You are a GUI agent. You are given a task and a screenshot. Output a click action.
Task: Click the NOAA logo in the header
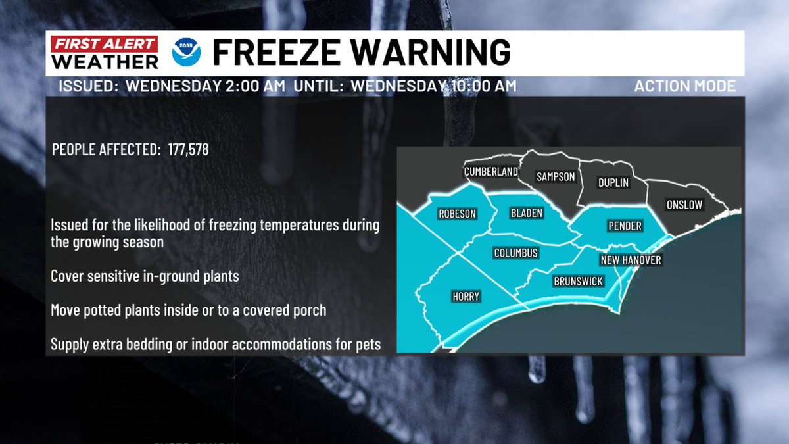tap(187, 53)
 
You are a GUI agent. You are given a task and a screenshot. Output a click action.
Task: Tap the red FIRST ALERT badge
tap(106, 45)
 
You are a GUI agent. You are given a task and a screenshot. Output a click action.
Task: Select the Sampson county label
tap(556, 177)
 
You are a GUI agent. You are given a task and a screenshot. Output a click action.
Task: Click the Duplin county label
tap(613, 183)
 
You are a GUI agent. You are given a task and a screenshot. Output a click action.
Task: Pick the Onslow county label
tap(684, 205)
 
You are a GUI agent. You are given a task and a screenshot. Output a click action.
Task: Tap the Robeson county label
tap(456, 214)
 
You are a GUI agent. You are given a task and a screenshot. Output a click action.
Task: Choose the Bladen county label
tap(526, 213)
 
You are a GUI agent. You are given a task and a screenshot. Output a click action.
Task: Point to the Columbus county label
tap(515, 253)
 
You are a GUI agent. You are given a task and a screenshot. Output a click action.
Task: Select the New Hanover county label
tap(631, 260)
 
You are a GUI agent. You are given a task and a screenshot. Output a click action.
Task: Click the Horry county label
tap(466, 297)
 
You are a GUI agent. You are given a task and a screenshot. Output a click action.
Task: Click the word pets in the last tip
tap(367, 345)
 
